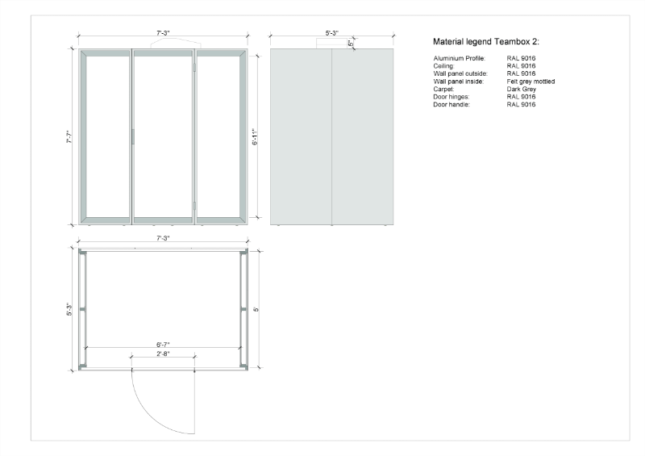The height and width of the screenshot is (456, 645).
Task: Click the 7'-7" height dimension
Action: [69, 138]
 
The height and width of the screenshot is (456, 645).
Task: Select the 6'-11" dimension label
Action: [255, 138]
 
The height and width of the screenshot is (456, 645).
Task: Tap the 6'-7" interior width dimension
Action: [163, 343]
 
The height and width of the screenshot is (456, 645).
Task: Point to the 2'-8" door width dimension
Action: [163, 354]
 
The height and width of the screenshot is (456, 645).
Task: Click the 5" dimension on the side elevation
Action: [351, 44]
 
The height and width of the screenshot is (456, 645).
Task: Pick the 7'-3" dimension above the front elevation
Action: [163, 33]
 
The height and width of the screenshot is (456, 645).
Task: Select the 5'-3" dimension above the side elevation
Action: [331, 33]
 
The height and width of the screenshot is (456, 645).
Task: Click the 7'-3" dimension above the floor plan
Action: [163, 239]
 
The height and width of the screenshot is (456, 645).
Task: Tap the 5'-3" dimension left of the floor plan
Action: [69, 310]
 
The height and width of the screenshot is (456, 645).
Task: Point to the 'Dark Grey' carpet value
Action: [522, 90]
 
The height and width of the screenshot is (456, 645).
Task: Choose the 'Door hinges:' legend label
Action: [451, 97]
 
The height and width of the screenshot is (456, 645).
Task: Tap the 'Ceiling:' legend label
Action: [444, 66]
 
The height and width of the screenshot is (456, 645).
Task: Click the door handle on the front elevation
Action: [133, 137]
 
